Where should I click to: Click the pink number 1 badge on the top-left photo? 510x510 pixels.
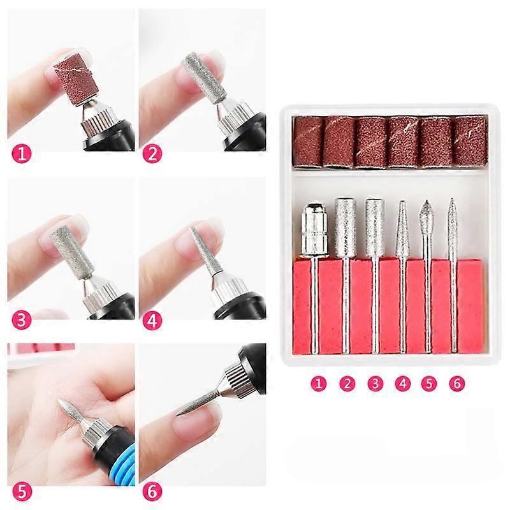click(22, 153)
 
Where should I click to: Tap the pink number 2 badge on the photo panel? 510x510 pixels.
click(152, 153)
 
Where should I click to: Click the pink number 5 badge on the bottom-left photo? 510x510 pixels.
click(22, 492)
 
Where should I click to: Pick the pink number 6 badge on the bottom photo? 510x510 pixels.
click(152, 492)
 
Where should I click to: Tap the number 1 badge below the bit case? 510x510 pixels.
click(318, 383)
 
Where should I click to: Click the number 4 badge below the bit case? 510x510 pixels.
click(403, 383)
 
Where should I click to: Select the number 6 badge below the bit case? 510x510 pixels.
click(457, 383)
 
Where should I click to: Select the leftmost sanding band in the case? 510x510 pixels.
click(309, 142)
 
